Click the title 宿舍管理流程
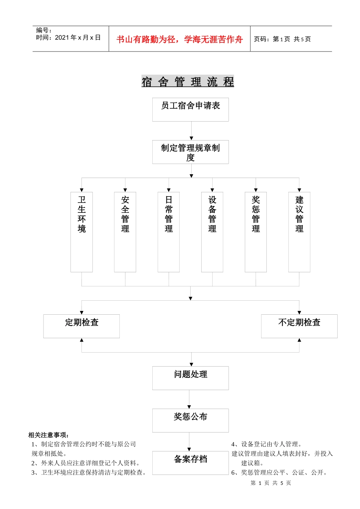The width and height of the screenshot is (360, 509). pyautogui.click(x=188, y=81)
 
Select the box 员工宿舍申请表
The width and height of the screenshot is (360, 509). pyautogui.click(x=191, y=109)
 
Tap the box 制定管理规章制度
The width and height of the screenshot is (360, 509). pyautogui.click(x=191, y=152)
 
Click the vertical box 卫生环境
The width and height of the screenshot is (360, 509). pyautogui.click(x=81, y=232)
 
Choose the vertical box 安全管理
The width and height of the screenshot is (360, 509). pyautogui.click(x=125, y=232)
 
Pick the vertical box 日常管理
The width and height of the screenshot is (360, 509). pyautogui.click(x=169, y=232)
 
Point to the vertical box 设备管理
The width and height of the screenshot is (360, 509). pyautogui.click(x=212, y=232)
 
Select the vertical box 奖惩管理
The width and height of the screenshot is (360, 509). pyautogui.click(x=256, y=232)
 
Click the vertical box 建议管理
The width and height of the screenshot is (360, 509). pyautogui.click(x=299, y=232)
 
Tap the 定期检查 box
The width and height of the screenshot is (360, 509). pyautogui.click(x=81, y=326)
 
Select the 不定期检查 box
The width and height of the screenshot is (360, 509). pyautogui.click(x=299, y=326)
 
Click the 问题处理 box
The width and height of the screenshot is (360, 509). pyautogui.click(x=191, y=378)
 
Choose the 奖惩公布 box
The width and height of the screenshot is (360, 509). pyautogui.click(x=191, y=420)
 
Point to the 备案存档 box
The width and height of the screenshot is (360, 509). pyautogui.click(x=191, y=462)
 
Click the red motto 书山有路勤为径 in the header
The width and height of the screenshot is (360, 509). pyautogui.click(x=179, y=39)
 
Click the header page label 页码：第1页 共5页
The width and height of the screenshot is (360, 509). pyautogui.click(x=282, y=39)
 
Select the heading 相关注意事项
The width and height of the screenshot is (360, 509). pyautogui.click(x=49, y=435)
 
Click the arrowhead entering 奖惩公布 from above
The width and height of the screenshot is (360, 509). pyautogui.click(x=189, y=407)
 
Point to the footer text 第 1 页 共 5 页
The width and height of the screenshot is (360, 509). pyautogui.click(x=271, y=483)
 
